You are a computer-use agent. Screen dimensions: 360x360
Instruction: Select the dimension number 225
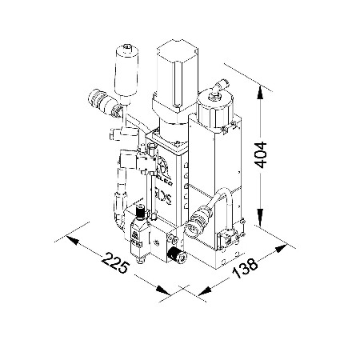117,266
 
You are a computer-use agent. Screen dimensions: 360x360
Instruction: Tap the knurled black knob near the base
178,256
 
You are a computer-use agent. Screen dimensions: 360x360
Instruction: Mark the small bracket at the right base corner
230,238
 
